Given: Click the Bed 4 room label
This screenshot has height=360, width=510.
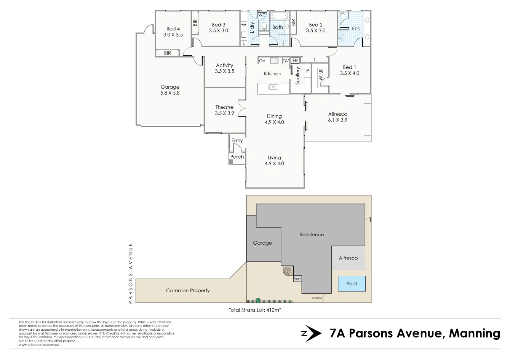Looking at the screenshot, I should (x=173, y=29).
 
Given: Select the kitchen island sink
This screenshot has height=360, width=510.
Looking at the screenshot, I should (x=273, y=87).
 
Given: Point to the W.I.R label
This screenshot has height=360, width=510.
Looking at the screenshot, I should (x=321, y=74).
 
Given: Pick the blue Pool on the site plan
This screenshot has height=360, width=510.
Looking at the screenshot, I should (x=352, y=284).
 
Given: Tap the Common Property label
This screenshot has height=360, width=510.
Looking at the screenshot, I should (x=188, y=290).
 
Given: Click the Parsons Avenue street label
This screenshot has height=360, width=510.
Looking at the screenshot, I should (x=131, y=273).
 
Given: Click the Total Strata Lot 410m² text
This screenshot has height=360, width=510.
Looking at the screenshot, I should (x=254, y=310).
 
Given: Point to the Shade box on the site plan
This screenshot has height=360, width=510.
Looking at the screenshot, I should (x=317, y=298).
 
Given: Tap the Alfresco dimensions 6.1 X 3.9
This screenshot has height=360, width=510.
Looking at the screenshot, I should (x=337, y=120).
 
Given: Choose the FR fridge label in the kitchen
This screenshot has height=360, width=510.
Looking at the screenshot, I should (x=295, y=61).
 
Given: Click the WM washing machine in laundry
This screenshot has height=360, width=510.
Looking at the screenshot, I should (x=243, y=25).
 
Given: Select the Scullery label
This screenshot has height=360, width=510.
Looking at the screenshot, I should (x=298, y=75).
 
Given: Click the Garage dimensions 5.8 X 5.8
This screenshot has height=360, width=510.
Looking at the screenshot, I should (x=170, y=93).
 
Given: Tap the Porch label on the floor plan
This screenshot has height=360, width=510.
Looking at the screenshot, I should (x=237, y=157).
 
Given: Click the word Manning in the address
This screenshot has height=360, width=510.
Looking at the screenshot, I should (x=474, y=333).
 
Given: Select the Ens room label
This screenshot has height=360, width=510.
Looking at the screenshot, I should (x=355, y=29).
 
